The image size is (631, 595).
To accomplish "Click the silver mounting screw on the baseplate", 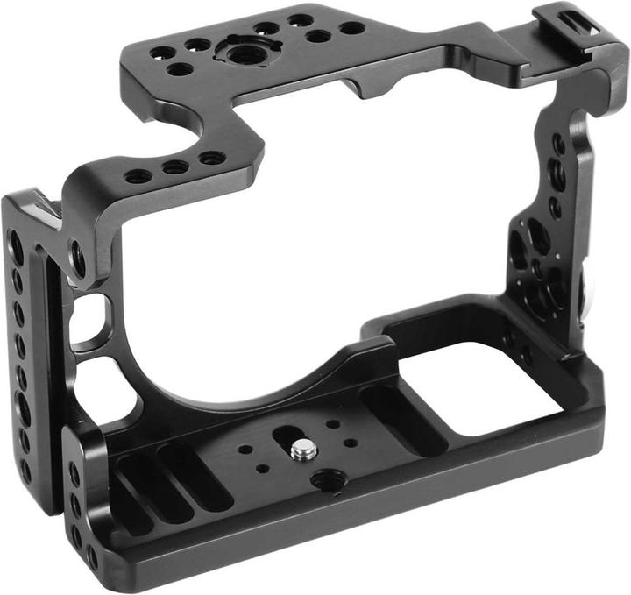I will pyautogui.click(x=303, y=450).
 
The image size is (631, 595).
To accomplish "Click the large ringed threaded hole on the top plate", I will pyautogui.click(x=238, y=53).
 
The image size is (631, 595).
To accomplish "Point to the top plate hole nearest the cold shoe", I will pyautogui.click(x=352, y=28).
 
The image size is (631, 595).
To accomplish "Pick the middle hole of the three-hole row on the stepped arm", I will pyautogui.click(x=174, y=166).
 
